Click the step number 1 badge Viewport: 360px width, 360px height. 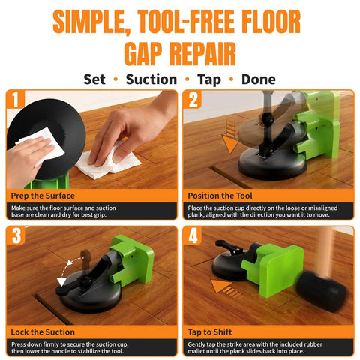16,99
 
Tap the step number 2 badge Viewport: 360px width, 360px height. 193,99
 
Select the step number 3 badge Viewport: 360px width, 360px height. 16,235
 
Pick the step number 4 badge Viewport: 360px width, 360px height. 193,235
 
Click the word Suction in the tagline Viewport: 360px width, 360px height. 151,79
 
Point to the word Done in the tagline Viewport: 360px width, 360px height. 259,79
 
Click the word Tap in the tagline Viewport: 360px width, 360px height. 209,80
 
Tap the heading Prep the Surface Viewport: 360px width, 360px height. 43,196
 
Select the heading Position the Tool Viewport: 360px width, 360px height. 220,196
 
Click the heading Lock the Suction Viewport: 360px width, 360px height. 43,331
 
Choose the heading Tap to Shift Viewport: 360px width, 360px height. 210,332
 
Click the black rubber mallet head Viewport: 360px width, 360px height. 322,291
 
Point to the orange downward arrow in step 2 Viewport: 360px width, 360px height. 230,136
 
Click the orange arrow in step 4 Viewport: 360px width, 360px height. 225,288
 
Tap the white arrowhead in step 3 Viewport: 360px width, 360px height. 61,281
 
